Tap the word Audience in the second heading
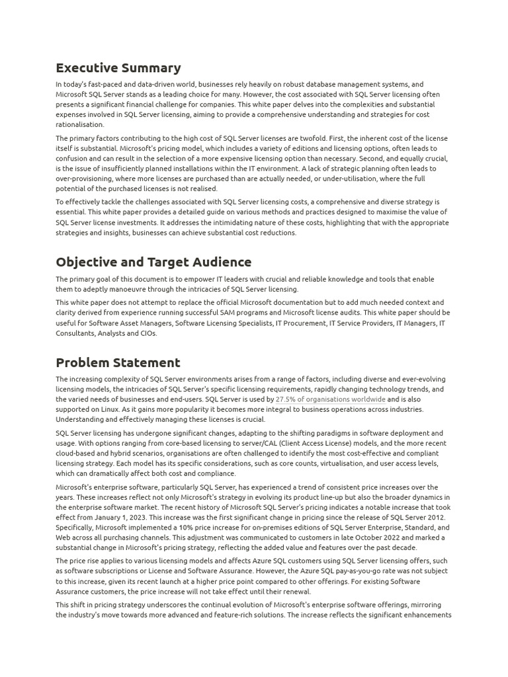tap(220, 262)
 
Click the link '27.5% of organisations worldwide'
tap(330, 399)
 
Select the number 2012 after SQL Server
tap(433, 517)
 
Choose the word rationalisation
tap(80, 124)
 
